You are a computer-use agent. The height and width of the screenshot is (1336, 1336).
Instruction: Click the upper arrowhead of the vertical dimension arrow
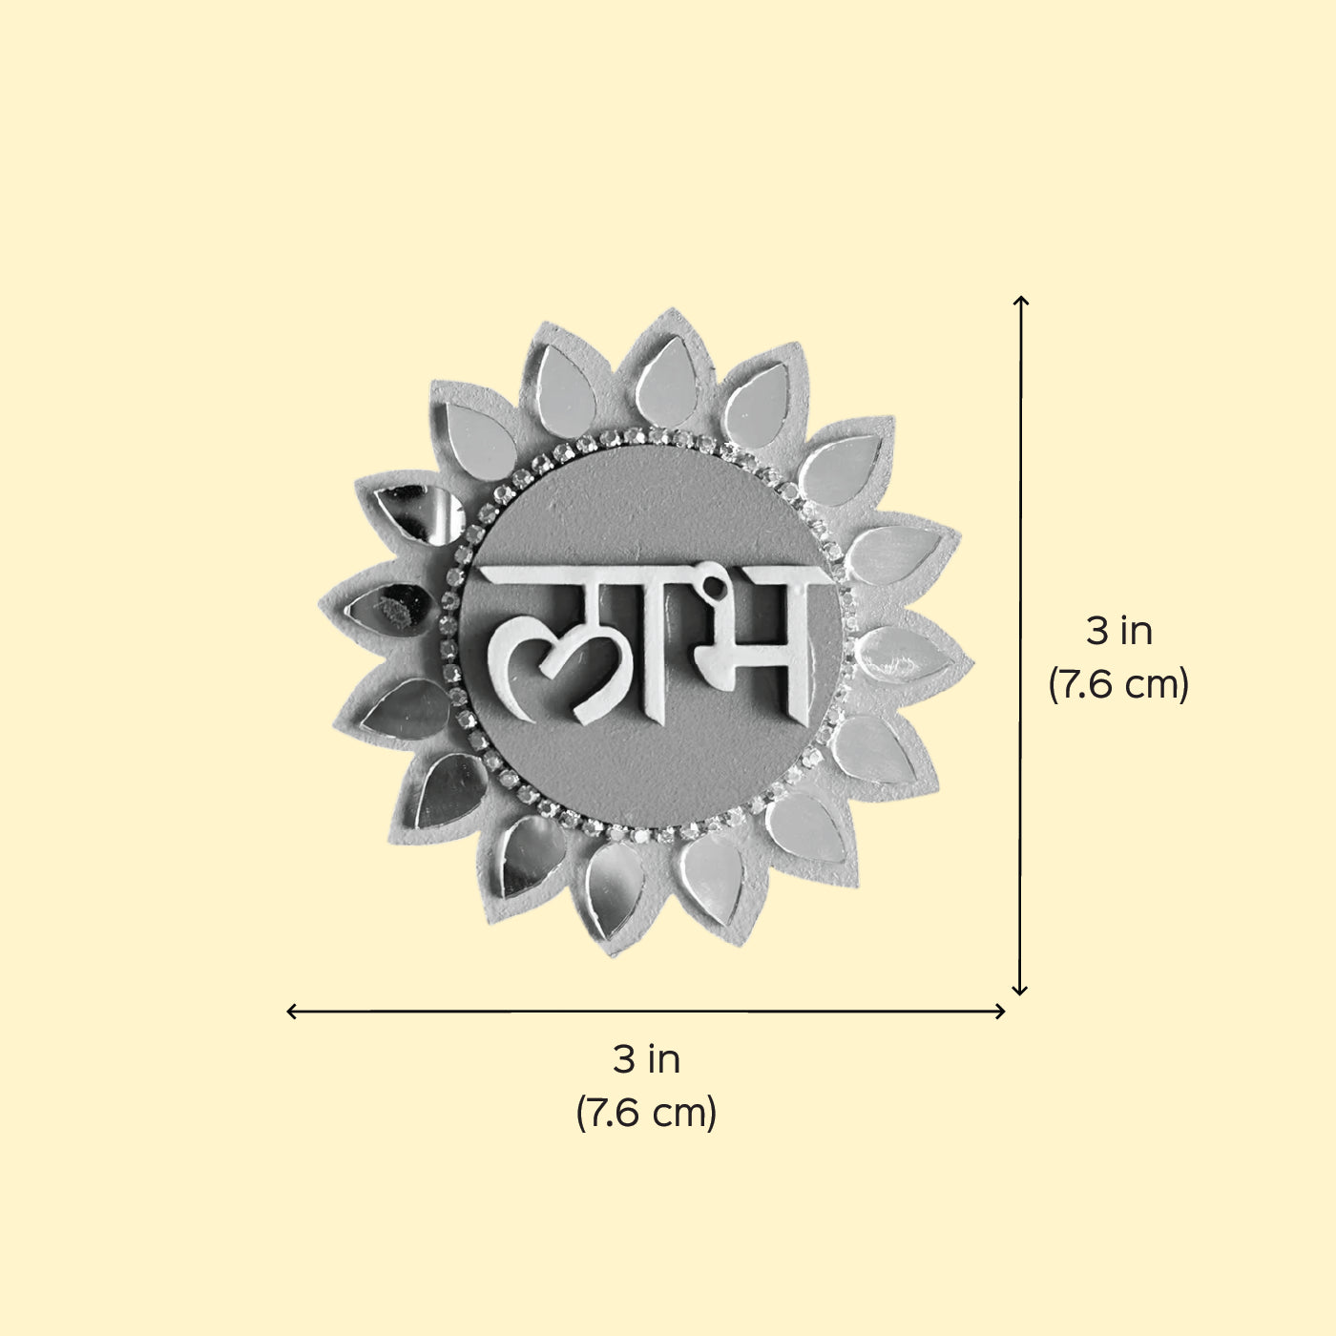(1020, 301)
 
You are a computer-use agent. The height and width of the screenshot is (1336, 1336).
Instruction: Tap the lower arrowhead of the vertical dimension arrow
(1019, 990)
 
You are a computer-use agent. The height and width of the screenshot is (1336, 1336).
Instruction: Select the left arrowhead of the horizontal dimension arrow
(292, 1012)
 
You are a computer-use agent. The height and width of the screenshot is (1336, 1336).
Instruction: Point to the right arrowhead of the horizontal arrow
(1000, 1012)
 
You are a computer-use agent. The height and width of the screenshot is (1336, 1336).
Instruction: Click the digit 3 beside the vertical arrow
(1097, 631)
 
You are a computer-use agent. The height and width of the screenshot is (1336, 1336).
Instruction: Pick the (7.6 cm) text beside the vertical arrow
(1118, 685)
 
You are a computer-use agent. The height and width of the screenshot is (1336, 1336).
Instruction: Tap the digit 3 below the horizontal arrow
(624, 1059)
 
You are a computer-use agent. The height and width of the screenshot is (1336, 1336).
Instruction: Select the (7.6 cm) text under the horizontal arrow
(646, 1114)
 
